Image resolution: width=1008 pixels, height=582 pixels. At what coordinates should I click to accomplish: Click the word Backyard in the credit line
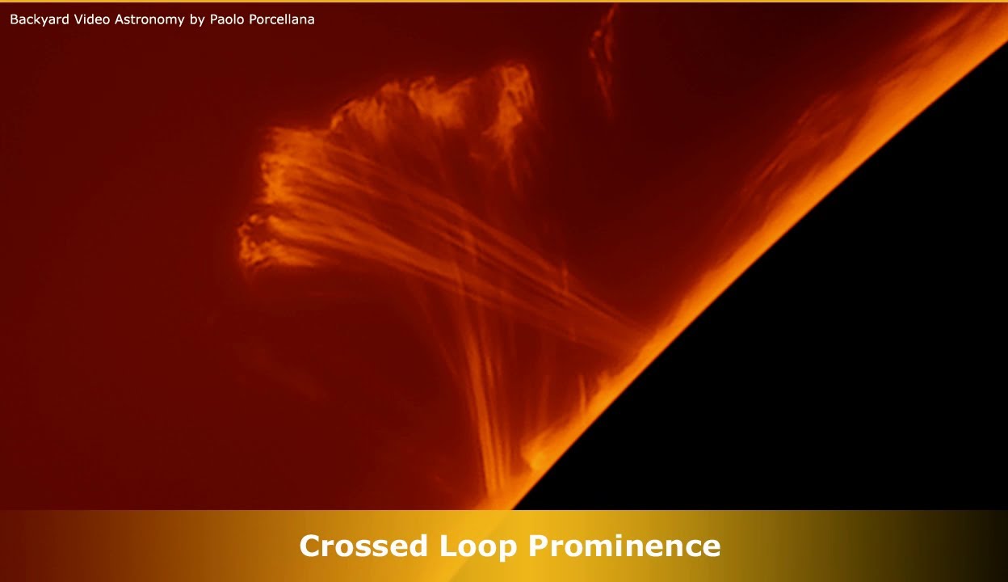(40, 19)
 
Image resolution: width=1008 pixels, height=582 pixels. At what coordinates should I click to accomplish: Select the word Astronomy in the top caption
(149, 19)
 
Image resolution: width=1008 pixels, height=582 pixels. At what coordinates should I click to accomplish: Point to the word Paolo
(228, 19)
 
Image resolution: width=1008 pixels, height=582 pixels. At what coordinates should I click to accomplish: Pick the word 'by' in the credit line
(197, 19)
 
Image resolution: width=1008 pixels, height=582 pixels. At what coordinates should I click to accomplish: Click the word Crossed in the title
(364, 546)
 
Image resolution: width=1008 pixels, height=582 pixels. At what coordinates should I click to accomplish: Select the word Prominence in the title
(624, 546)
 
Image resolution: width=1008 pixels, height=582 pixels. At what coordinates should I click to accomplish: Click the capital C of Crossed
(310, 546)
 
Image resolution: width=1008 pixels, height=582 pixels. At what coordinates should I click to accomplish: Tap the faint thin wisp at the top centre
(602, 48)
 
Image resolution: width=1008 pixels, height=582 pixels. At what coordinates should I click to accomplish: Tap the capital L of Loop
(447, 546)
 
